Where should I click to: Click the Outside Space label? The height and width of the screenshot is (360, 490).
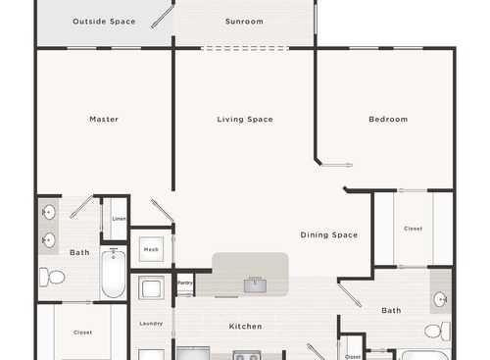pyautogui.click(x=103, y=22)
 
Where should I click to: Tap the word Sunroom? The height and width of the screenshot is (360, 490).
pyautogui.click(x=243, y=22)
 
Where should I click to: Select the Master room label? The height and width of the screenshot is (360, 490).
pyautogui.click(x=104, y=120)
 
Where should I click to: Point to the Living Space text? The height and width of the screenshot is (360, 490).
pyautogui.click(x=244, y=120)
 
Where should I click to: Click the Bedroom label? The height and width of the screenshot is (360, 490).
pyautogui.click(x=388, y=120)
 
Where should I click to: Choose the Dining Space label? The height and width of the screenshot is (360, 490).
pyautogui.click(x=328, y=235)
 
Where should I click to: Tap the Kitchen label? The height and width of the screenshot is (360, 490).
pyautogui.click(x=245, y=326)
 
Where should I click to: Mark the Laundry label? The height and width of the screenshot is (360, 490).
pyautogui.click(x=151, y=324)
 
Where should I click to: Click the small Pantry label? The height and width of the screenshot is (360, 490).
pyautogui.click(x=185, y=283)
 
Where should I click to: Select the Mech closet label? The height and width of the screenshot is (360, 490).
pyautogui.click(x=151, y=250)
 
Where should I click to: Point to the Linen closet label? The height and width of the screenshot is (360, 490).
pyautogui.click(x=118, y=219)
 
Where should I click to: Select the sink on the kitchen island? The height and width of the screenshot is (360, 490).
pyautogui.click(x=255, y=284)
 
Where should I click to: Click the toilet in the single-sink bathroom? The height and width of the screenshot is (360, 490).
pyautogui.click(x=443, y=331)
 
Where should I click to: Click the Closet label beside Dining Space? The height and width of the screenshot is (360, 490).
pyautogui.click(x=413, y=229)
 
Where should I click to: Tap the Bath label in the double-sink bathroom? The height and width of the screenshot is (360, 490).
pyautogui.click(x=79, y=253)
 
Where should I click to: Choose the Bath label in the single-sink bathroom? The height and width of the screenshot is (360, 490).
pyautogui.click(x=391, y=311)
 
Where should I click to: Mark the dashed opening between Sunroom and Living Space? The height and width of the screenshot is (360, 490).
pyautogui.click(x=244, y=48)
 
